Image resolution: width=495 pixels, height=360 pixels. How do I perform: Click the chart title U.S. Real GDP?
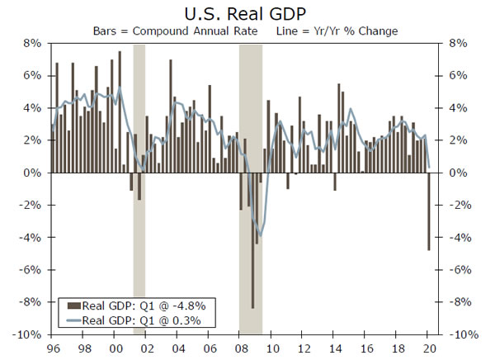pos(247,14)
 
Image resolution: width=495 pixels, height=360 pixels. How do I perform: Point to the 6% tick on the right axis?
pos(458,75)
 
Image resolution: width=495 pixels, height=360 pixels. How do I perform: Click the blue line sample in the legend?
pos(72,320)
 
